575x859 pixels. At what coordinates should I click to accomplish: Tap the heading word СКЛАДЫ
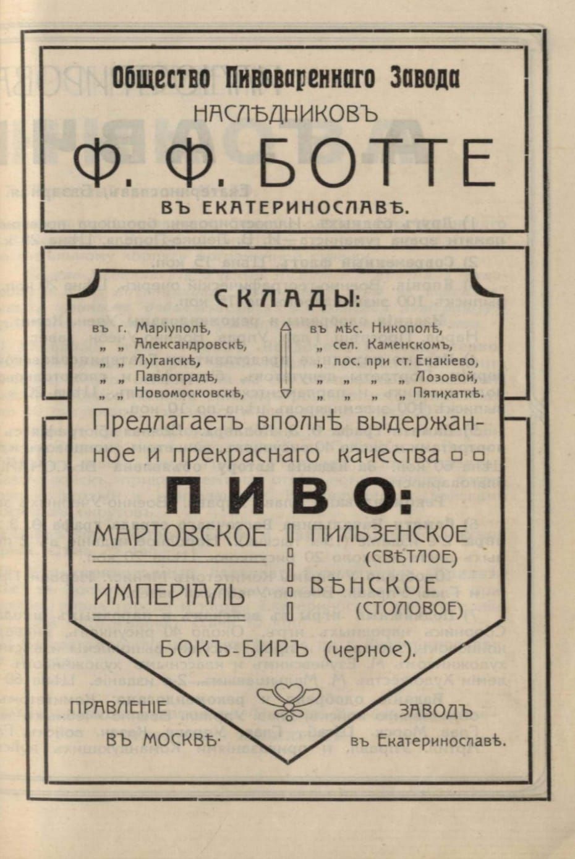pos(286,299)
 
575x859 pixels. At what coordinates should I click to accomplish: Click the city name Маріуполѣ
pos(168,327)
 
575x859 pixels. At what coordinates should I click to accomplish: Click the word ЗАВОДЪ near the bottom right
pos(436,711)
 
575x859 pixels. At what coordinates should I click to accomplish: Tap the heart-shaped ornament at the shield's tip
pos(287,696)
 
